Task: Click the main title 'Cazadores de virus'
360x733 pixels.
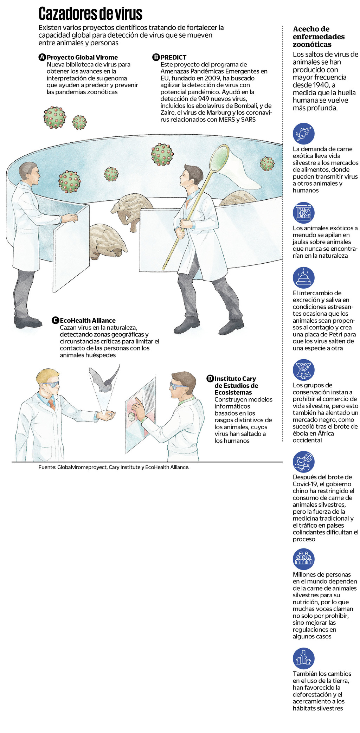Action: click(90, 14)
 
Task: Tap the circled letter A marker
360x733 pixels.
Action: click(42, 57)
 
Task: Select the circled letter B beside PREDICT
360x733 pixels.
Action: click(156, 57)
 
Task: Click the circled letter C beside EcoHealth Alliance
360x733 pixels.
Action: click(55, 320)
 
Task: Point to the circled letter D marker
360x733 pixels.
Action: click(210, 379)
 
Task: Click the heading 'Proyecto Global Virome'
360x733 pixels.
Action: click(82, 57)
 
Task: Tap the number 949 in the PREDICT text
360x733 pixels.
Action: click(204, 99)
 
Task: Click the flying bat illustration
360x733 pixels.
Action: click(104, 379)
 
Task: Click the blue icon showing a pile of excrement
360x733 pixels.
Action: click(303, 278)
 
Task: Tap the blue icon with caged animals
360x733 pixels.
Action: click(303, 213)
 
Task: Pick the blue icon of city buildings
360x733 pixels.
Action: click(303, 658)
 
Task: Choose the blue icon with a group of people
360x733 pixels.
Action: click(303, 559)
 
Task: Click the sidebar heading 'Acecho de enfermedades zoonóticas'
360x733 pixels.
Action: click(319, 37)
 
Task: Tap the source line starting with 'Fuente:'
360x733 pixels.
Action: click(114, 467)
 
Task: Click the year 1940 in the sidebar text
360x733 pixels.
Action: click(320, 85)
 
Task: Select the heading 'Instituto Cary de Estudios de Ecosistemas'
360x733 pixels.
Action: click(236, 385)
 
